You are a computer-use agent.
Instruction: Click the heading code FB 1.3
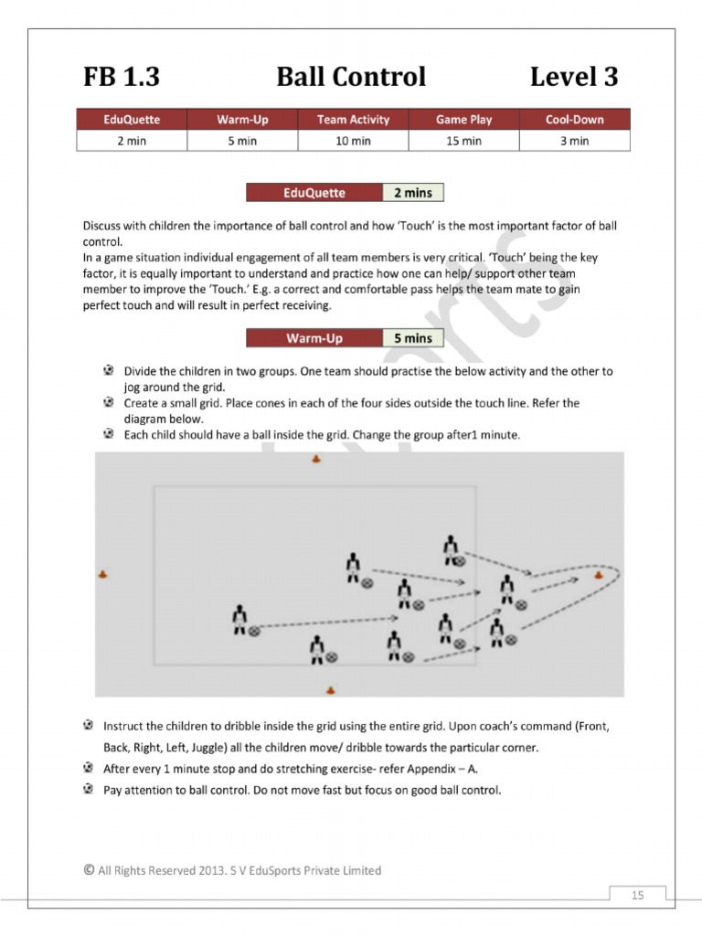(x=122, y=78)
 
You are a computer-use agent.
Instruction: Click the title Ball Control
(x=351, y=78)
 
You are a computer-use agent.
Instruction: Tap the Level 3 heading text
(x=574, y=78)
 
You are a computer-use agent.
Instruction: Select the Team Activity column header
(x=353, y=120)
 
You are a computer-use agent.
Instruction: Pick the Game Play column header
(x=463, y=120)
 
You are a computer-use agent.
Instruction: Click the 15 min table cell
(x=463, y=141)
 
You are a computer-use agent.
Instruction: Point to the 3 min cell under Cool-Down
(x=574, y=141)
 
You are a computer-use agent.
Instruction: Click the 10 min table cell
(x=353, y=141)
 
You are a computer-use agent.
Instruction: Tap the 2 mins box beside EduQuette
(x=413, y=193)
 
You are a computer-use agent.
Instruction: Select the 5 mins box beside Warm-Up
(x=413, y=338)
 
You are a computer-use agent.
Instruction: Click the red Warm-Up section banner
(x=314, y=338)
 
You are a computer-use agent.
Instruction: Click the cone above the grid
(x=316, y=460)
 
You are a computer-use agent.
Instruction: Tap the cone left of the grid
(x=102, y=574)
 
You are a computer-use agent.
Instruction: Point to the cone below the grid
(x=330, y=690)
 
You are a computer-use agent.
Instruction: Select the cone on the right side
(x=598, y=575)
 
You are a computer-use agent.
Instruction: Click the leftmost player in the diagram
(x=239, y=619)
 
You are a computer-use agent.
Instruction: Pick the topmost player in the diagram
(x=450, y=548)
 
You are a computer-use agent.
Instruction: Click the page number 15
(x=638, y=895)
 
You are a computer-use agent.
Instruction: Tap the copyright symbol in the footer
(x=88, y=870)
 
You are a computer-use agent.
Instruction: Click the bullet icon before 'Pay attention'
(x=88, y=789)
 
